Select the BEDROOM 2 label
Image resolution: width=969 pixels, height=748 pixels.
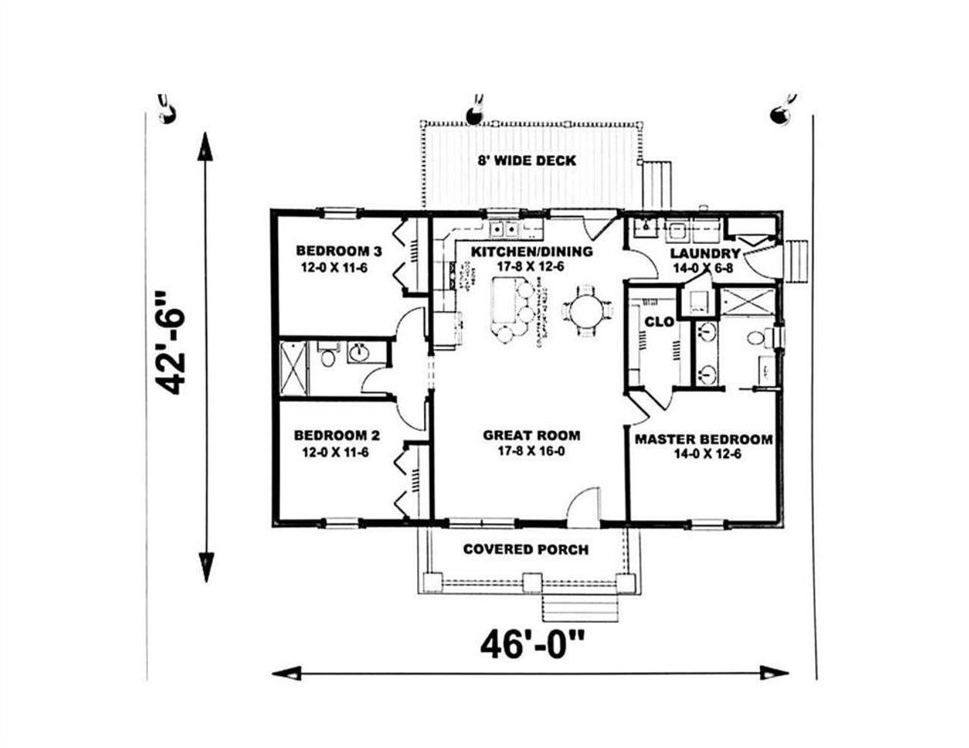coord(337,436)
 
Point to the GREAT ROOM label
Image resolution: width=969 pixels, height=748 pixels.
coord(531,435)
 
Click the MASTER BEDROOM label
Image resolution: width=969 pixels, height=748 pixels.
coord(703,439)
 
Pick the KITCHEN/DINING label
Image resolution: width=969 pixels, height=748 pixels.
coord(531,251)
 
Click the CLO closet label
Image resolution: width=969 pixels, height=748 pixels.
coord(659,322)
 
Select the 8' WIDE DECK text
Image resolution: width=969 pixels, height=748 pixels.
coord(526,161)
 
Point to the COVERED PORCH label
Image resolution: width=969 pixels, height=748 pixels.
coord(525,549)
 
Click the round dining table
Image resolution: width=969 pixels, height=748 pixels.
coord(587,310)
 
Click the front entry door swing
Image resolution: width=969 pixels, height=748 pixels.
coord(585,506)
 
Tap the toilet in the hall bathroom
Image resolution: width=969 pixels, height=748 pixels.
coord(328,356)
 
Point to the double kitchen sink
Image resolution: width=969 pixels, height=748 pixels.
coord(504,229)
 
